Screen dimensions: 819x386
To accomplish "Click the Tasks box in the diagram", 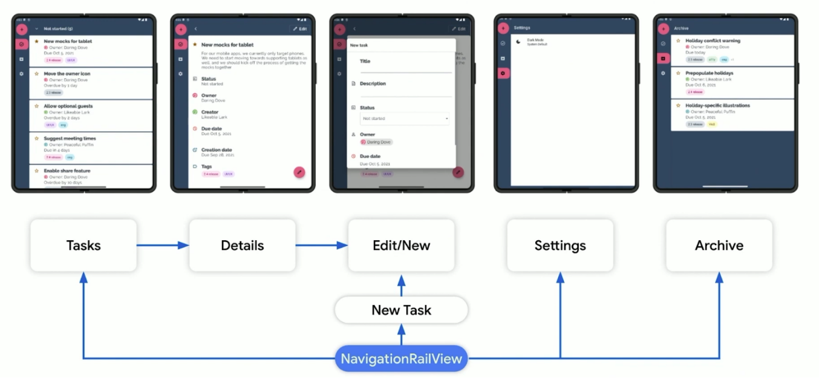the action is tap(83, 245).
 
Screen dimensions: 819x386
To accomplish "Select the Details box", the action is tap(242, 245).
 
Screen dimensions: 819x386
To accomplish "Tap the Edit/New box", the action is tap(401, 245).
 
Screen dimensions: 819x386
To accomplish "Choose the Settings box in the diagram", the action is tap(560, 245).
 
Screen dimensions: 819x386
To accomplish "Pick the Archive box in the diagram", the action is tap(719, 245).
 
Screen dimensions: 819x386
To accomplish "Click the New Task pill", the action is tap(401, 310).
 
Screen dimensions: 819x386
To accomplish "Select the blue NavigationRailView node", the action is tap(401, 359).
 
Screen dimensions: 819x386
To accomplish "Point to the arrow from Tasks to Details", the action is tap(163, 245).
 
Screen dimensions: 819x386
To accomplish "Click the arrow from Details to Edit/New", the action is tap(321, 245).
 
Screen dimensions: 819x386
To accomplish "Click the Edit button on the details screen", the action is tap(300, 28).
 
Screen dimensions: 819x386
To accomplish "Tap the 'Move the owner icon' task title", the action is tap(67, 74).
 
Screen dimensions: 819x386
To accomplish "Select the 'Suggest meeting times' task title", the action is tap(70, 139).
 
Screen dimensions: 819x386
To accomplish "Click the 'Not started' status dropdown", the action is tap(405, 119).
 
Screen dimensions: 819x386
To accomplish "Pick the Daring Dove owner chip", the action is tap(377, 142).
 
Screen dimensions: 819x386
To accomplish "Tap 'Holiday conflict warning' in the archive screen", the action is tap(713, 41).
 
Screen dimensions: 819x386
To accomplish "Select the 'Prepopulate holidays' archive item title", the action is tap(709, 73).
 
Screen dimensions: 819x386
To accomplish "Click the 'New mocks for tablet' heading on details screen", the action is tap(227, 45).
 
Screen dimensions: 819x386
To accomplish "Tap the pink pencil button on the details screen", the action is tap(299, 172).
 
